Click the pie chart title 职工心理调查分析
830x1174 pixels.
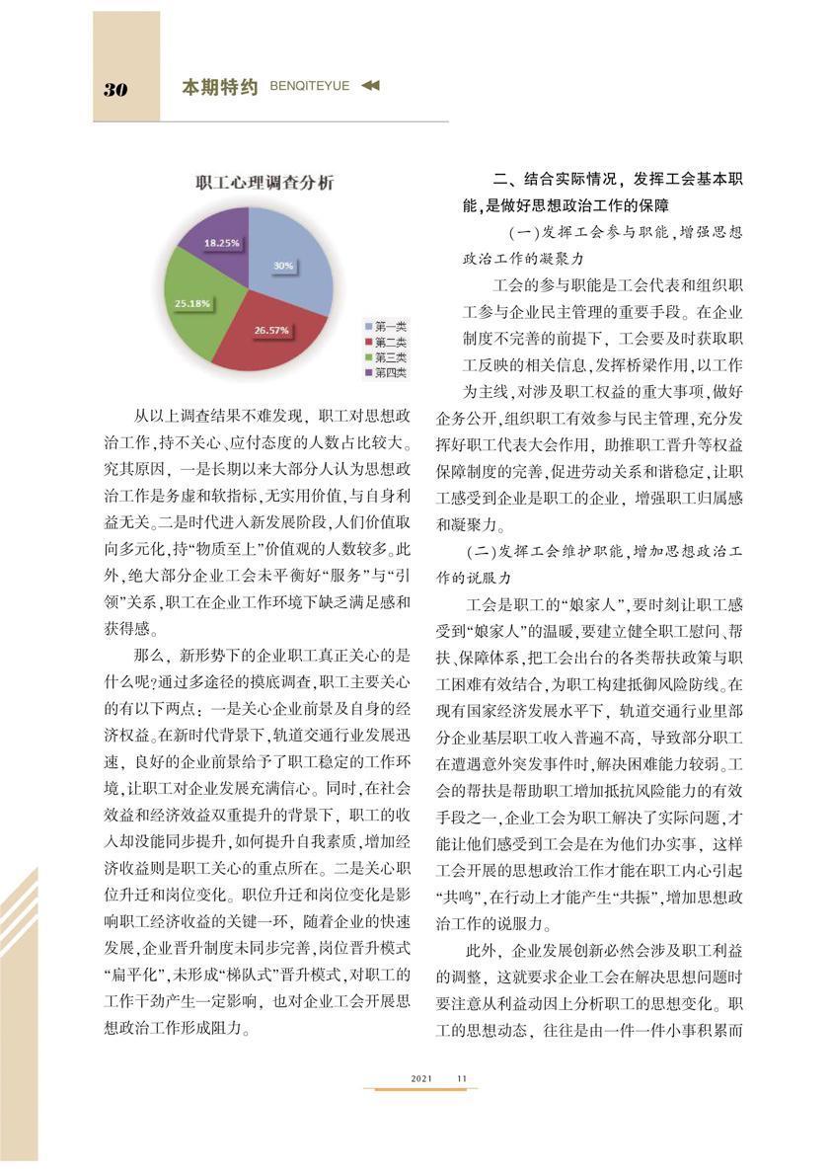click(264, 183)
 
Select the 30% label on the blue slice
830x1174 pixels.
click(283, 266)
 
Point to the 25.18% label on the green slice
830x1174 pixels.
click(193, 303)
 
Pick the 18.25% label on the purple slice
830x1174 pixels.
click(222, 241)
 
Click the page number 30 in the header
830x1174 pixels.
click(115, 90)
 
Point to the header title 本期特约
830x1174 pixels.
click(219, 88)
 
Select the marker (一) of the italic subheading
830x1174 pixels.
click(524, 233)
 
